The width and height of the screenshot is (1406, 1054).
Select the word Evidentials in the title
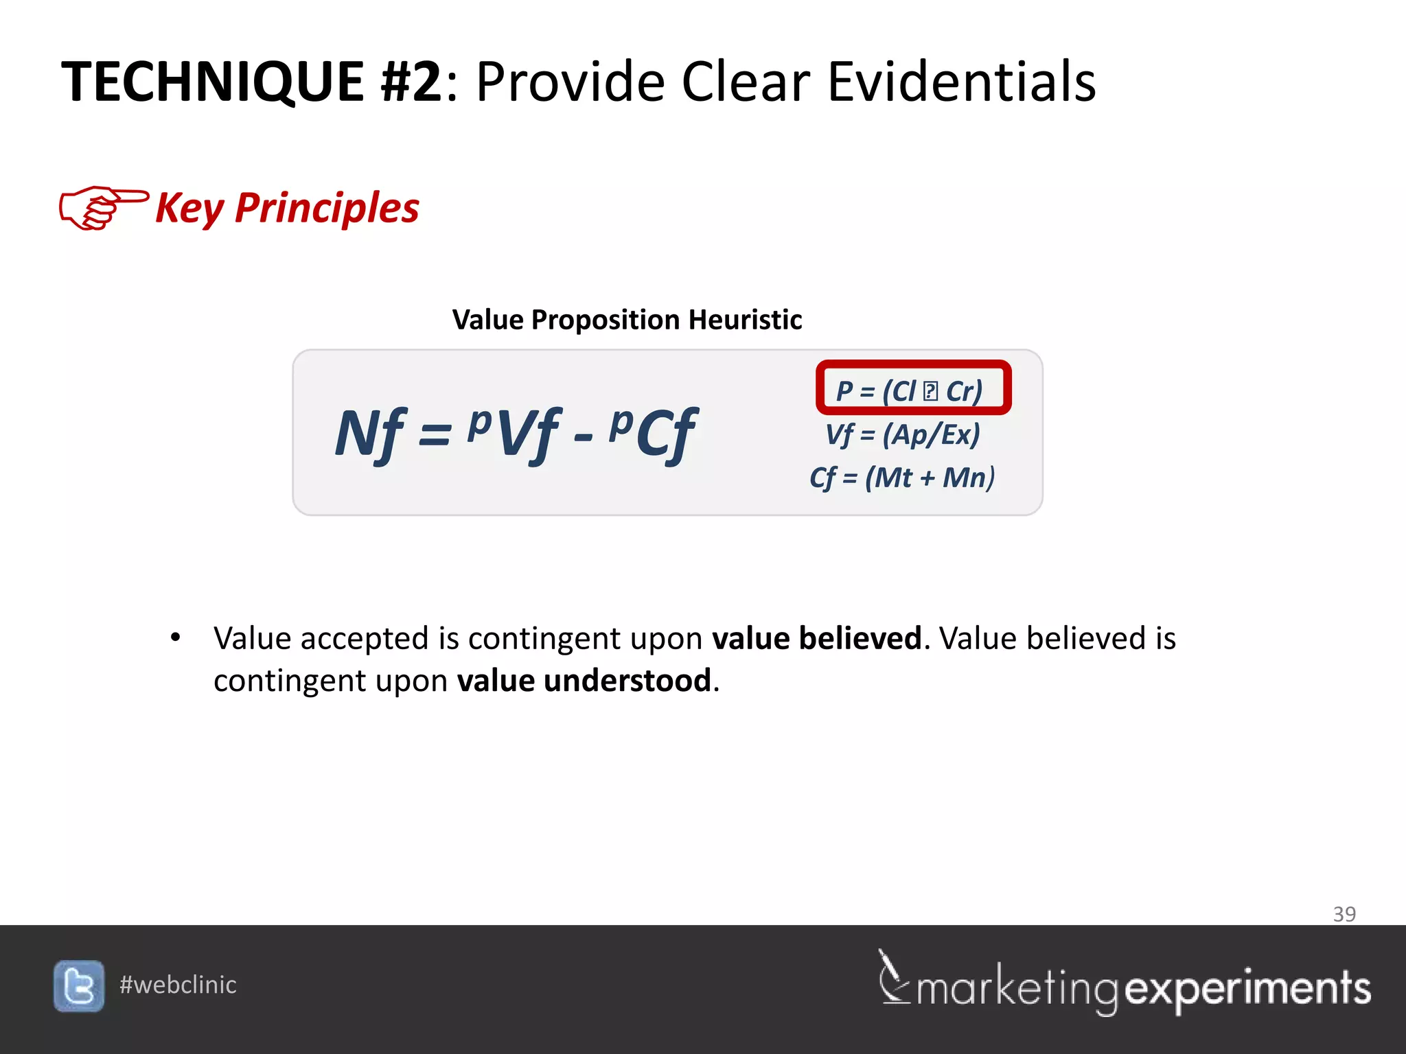point(961,82)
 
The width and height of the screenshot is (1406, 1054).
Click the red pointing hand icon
point(103,207)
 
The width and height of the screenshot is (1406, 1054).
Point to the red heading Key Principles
point(287,208)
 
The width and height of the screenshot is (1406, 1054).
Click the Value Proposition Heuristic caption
point(627,320)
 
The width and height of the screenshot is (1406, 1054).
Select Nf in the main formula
point(370,434)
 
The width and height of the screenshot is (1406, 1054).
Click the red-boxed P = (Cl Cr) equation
point(912,388)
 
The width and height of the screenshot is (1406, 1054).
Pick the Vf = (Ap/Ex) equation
point(903,434)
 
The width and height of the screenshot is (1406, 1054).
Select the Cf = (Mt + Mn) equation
point(902,478)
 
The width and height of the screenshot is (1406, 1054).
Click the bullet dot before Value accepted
point(176,637)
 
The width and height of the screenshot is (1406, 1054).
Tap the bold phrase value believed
point(816,638)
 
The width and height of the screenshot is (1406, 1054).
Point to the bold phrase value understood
point(584,681)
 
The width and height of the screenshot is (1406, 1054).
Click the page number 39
point(1344,914)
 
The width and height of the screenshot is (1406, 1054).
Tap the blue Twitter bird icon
point(79,986)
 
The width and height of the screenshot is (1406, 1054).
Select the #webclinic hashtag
point(178,985)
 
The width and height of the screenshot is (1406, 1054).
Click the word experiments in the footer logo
point(1247,989)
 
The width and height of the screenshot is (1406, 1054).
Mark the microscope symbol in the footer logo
point(893,977)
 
